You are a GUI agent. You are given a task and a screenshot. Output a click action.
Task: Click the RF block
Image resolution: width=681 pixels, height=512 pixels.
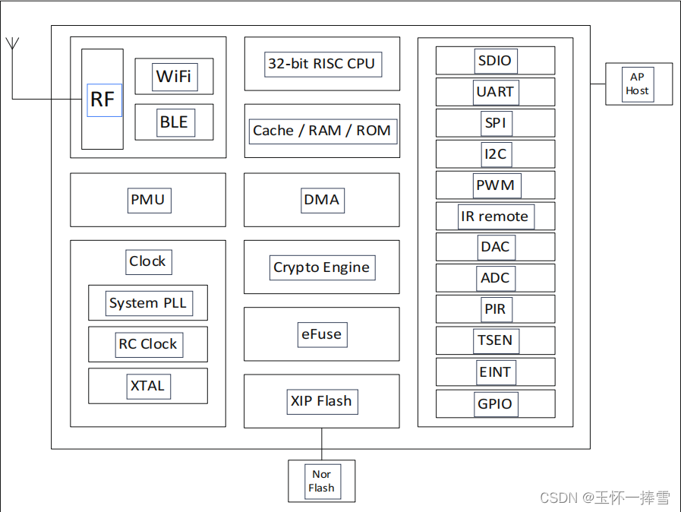tap(102, 100)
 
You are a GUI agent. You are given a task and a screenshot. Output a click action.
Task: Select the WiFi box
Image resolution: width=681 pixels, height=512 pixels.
tap(174, 76)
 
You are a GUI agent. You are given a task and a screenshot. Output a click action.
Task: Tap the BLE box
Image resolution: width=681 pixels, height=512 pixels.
tap(174, 122)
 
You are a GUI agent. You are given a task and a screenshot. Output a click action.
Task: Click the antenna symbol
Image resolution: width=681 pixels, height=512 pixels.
tap(12, 44)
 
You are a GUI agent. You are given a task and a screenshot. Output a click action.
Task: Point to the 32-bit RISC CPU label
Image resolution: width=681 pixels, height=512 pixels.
tap(321, 64)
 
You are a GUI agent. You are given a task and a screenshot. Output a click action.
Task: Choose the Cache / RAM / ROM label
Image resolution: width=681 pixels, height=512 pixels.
tap(321, 131)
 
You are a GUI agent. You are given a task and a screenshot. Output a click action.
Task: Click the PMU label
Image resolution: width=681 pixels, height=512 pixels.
tap(148, 201)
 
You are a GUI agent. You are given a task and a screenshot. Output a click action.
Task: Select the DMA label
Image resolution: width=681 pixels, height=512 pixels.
tap(321, 201)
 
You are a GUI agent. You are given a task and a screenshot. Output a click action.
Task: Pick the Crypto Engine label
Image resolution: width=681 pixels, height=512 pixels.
tap(321, 267)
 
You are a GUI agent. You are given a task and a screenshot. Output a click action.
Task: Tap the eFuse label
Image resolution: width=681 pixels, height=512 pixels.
tap(321, 334)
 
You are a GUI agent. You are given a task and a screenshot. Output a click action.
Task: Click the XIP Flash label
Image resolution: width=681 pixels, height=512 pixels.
tap(321, 401)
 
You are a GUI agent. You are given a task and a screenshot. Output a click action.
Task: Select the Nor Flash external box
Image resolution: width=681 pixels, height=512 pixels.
tap(321, 481)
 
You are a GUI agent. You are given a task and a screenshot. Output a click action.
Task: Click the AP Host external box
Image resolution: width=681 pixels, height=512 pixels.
tap(638, 84)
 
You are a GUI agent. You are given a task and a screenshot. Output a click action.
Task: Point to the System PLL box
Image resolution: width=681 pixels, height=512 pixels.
tap(148, 303)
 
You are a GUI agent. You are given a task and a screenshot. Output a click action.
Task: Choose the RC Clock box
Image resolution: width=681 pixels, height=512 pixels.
tap(148, 344)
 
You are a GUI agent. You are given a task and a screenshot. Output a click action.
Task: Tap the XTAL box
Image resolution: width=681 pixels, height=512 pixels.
tap(148, 386)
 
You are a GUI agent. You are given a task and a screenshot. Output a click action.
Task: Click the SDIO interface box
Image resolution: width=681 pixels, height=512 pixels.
tap(495, 61)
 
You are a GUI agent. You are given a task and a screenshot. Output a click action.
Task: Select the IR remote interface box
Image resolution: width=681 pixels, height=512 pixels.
tap(495, 216)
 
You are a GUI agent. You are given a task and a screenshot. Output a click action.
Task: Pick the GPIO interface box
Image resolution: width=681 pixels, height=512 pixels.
tap(495, 404)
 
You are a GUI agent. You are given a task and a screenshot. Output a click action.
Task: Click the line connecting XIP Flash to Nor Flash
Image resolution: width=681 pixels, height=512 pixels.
tap(321, 444)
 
